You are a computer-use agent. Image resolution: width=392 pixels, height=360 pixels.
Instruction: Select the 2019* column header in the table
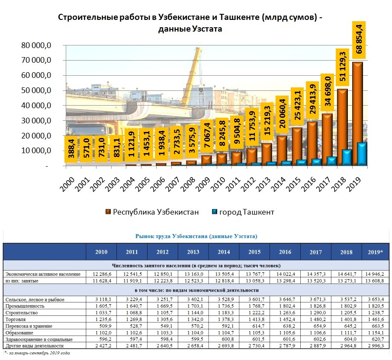374,252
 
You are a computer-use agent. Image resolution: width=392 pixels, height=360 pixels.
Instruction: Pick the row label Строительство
22,312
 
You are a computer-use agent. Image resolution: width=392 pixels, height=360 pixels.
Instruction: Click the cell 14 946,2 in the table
374,274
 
